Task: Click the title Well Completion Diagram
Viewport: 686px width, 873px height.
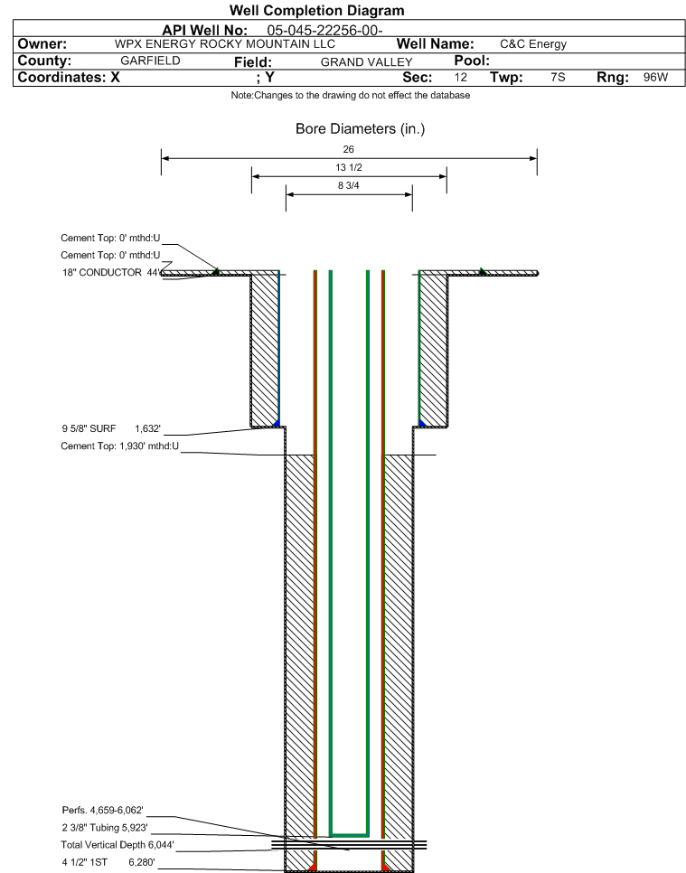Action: pos(317,11)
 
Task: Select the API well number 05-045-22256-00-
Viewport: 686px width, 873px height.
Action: pos(324,31)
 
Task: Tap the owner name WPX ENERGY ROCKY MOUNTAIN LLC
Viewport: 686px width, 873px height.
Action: pos(225,44)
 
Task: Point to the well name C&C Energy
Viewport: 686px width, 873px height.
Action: pos(533,44)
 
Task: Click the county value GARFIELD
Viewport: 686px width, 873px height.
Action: pos(150,61)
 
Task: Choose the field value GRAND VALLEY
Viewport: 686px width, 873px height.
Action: pos(366,61)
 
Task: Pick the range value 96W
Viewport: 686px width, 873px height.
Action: pos(655,78)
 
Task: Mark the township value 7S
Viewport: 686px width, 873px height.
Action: pos(558,78)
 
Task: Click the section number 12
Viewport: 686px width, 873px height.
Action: pos(460,78)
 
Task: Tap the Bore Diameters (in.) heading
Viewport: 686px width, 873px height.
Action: pos(361,129)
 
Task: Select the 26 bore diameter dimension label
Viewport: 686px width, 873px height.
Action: pos(349,149)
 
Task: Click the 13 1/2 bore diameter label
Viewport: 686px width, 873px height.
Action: pos(349,167)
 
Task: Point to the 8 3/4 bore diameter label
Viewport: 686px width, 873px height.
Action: pos(349,185)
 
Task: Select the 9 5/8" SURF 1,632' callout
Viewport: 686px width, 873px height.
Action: pos(111,428)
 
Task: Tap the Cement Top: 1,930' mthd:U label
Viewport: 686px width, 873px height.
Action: pos(119,446)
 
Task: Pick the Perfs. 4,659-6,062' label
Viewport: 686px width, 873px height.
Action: pos(102,810)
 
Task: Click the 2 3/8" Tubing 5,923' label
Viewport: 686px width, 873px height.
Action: pos(105,827)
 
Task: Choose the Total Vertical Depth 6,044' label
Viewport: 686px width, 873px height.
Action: pos(117,845)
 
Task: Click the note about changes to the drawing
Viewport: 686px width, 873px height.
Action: pos(351,95)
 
